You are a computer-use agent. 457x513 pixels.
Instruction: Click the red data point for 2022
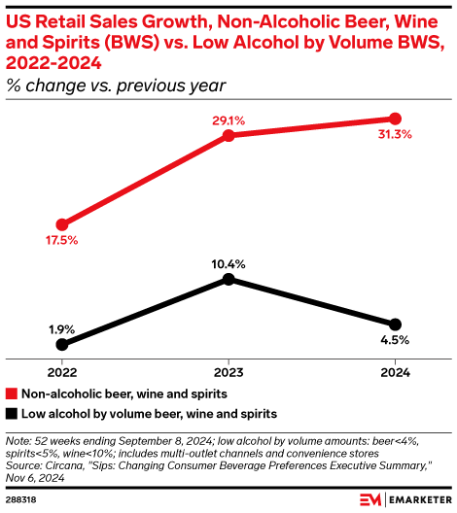coord(63,223)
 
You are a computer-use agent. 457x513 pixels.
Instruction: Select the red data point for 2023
coord(228,135)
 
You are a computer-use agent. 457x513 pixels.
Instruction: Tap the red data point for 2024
coord(394,119)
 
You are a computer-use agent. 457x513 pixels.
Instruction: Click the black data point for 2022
coord(63,344)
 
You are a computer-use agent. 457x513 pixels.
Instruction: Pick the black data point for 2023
coord(228,279)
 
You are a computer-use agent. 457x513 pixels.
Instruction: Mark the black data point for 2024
coord(394,324)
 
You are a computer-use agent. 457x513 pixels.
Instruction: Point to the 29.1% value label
coord(228,120)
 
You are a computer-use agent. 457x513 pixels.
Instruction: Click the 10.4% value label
coord(228,263)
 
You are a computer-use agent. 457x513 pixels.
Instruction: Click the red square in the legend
coord(12,394)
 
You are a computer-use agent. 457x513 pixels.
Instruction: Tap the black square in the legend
coord(12,413)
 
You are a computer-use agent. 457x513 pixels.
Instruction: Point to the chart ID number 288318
coord(22,499)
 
